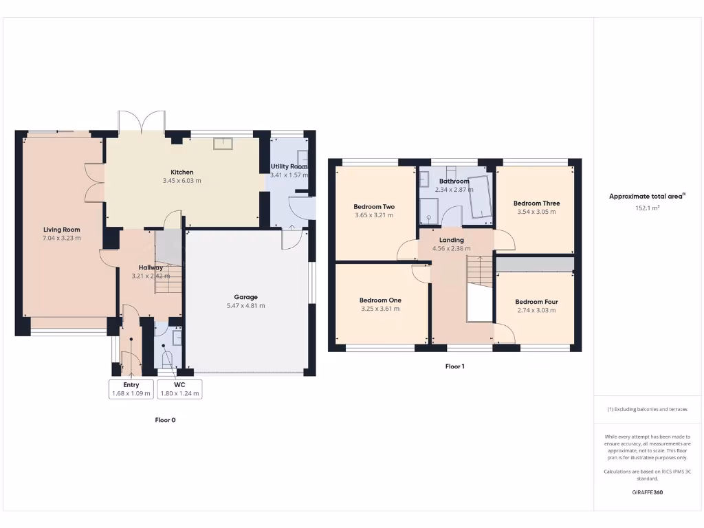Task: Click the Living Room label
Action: [x=62, y=230]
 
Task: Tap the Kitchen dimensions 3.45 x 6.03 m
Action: [x=181, y=181]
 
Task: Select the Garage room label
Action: [x=245, y=297]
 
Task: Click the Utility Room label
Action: [x=289, y=166]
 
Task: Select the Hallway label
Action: [x=151, y=267]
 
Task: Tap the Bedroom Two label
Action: [x=374, y=206]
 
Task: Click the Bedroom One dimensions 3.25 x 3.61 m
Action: [x=380, y=309]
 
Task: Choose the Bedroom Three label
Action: [x=536, y=203]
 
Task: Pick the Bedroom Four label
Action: [x=536, y=302]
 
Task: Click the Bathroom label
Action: [x=454, y=181]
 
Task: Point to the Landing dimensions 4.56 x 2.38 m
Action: [x=451, y=248]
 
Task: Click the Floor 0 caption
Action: [x=165, y=419]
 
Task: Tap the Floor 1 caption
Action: [x=454, y=366]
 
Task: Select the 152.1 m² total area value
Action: [x=648, y=207]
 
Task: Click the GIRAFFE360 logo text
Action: [x=648, y=492]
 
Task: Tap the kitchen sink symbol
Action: [x=223, y=143]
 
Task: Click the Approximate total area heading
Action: [x=646, y=196]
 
